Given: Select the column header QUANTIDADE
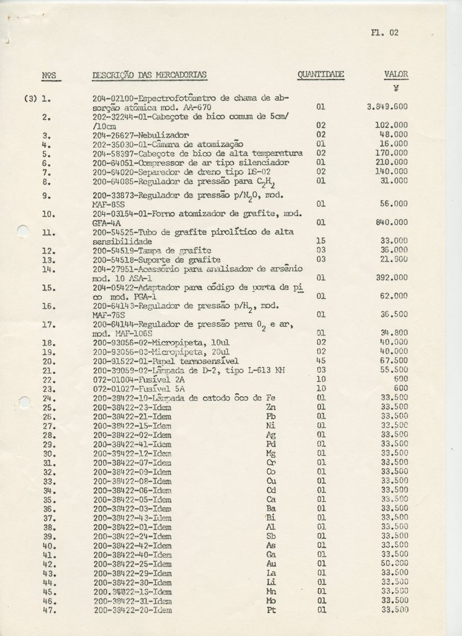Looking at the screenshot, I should pos(320,75).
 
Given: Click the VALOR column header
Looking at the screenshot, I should pos(396,75).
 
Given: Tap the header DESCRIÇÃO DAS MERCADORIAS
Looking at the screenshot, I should pos(150,75).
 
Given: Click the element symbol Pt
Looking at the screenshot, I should pos(270,610).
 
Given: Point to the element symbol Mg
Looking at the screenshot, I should pos(270,454).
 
